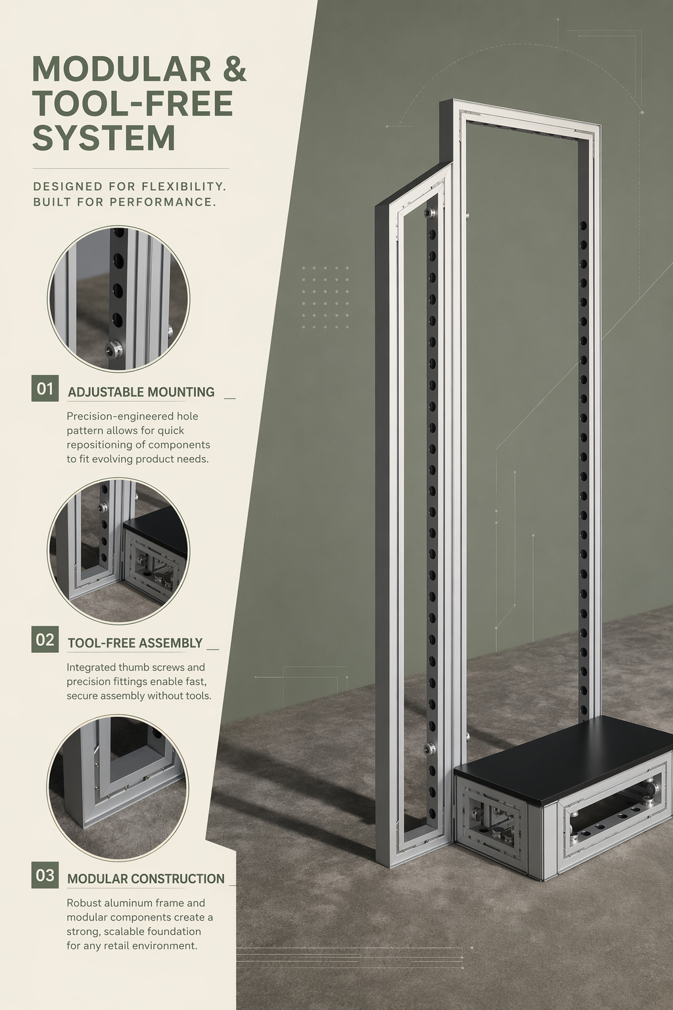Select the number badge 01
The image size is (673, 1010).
point(45,388)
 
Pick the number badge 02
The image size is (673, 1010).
point(45,639)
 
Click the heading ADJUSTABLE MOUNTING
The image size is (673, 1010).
point(141,392)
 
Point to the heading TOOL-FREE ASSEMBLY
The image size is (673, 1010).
point(135,642)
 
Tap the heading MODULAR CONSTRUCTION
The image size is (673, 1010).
point(146,878)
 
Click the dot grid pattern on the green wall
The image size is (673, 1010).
point(325,297)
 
